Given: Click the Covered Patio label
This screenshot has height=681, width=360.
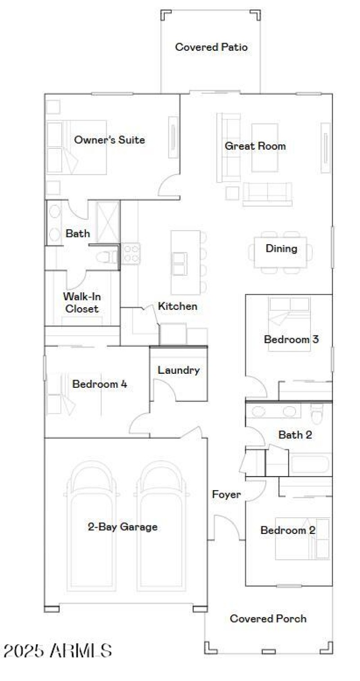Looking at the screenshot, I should [211, 47].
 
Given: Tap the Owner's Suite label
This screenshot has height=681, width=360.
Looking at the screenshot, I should [109, 140].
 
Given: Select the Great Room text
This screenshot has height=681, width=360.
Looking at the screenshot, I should [255, 146].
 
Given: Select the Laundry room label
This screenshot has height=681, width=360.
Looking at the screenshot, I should [178, 370].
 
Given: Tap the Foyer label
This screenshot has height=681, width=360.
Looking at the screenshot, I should [226, 494].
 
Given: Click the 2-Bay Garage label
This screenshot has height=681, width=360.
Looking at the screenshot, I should [122, 527].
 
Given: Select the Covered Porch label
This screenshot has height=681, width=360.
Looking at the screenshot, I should [268, 618].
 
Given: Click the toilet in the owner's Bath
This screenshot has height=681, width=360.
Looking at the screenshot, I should [107, 257].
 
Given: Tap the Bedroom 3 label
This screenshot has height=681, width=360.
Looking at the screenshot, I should [291, 339].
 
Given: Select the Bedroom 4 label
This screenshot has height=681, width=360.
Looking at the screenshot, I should [99, 384].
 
